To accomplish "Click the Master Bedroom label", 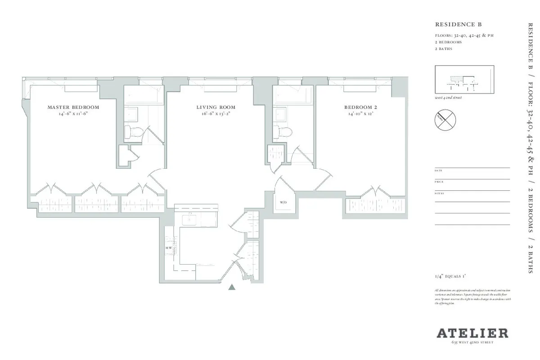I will tap(73, 108).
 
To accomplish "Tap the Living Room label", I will tap(216, 108).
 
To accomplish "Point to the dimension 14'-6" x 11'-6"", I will tap(73, 115).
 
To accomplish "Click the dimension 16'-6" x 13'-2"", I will tap(216, 115).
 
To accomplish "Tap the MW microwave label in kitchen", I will tap(169, 248).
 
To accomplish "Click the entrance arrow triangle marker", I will tap(232, 288).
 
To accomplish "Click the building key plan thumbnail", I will tap(464, 80).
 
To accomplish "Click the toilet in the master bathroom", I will tap(135, 131).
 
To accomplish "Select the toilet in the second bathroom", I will tap(284, 131).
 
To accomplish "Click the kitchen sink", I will tap(189, 220).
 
